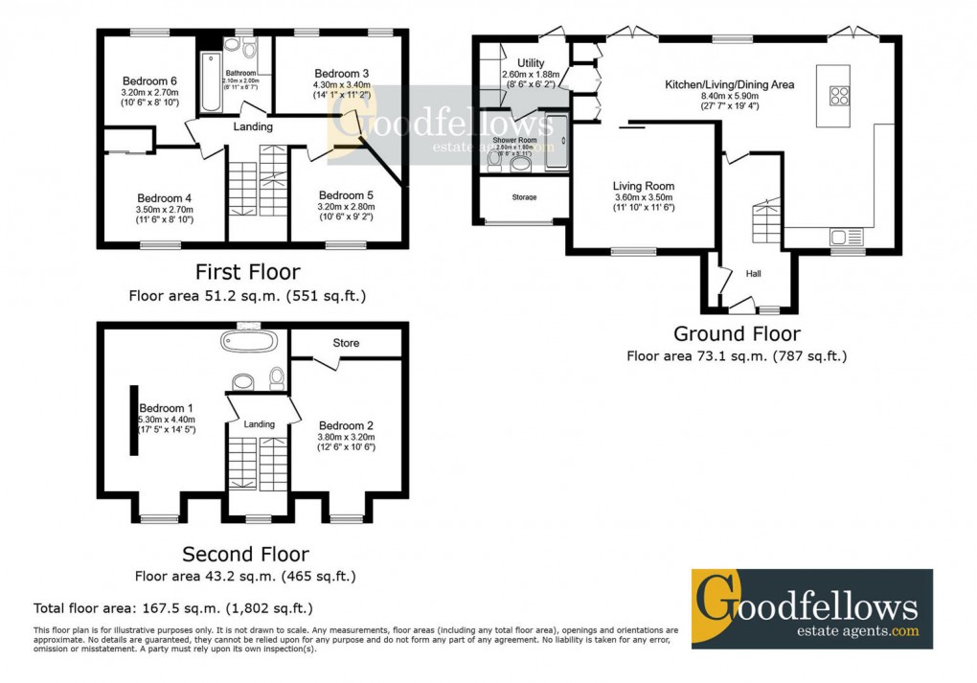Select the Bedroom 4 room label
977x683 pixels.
165,198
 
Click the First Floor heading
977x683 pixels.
247,273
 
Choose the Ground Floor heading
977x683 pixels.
737,333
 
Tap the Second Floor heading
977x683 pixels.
246,554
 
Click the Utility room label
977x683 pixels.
531,63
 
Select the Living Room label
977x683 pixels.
644,186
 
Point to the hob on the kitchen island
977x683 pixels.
839,95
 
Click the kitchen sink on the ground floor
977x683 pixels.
847,237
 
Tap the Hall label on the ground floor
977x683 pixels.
753,274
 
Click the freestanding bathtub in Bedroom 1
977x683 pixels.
249,342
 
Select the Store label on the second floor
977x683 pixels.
346,343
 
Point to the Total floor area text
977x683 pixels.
172,607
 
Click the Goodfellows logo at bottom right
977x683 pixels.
811,608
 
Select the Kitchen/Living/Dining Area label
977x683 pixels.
730,84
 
